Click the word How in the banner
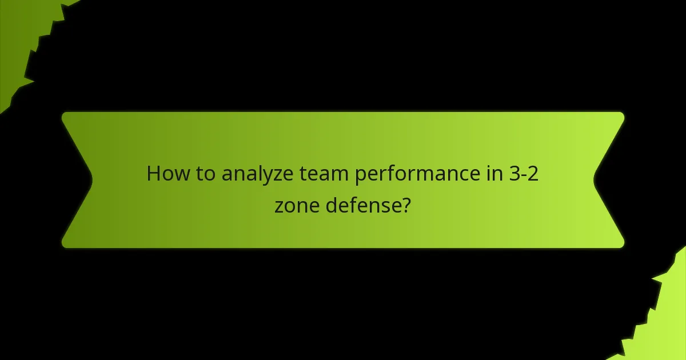166,173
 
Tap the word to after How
204,173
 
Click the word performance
410,174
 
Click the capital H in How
153,173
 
